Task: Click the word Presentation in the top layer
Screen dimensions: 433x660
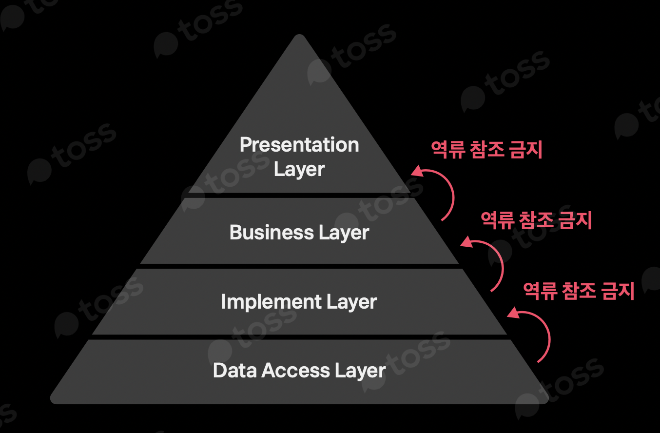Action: (299, 145)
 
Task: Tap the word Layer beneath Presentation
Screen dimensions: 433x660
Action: (299, 169)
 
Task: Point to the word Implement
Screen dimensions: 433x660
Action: (271, 302)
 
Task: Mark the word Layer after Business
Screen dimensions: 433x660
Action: (344, 233)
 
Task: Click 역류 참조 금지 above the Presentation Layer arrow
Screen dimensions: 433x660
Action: (486, 149)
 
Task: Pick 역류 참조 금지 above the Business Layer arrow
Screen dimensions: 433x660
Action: (536, 220)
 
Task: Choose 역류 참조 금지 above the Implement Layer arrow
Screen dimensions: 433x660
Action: (579, 291)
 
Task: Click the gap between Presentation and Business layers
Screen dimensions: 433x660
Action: (299, 195)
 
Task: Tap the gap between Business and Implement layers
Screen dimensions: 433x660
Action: (299, 266)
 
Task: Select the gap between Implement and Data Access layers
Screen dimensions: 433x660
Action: (299, 337)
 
